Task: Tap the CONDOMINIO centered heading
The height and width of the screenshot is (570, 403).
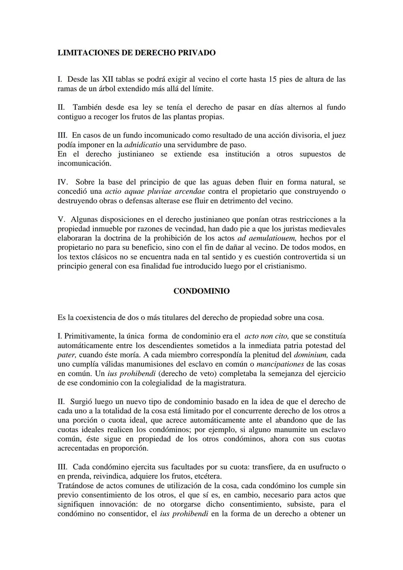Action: (x=201, y=291)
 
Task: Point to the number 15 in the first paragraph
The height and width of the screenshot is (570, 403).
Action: (x=273, y=79)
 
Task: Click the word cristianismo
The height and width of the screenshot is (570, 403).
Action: (x=285, y=266)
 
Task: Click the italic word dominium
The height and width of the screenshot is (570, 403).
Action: (x=311, y=355)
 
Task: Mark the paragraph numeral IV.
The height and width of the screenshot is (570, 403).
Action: (x=62, y=182)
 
